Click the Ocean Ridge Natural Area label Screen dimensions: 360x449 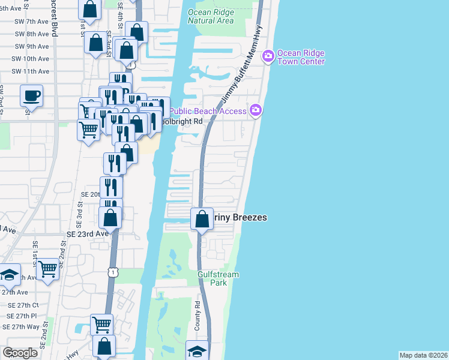(210, 16)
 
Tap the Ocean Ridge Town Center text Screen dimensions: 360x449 (301, 57)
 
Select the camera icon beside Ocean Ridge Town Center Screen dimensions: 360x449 (268, 56)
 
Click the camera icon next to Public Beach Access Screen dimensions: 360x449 (256, 110)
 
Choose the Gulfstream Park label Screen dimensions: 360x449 (218, 278)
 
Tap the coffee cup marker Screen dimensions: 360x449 (31, 95)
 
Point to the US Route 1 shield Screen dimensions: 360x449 (112, 272)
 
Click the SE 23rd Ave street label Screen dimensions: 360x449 (88, 234)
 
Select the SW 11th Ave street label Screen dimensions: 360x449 (30, 71)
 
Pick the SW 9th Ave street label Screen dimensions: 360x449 (32, 46)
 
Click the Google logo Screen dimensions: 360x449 (20, 353)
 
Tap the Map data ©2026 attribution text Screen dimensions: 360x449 (423, 355)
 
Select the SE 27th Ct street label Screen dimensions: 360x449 (23, 305)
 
